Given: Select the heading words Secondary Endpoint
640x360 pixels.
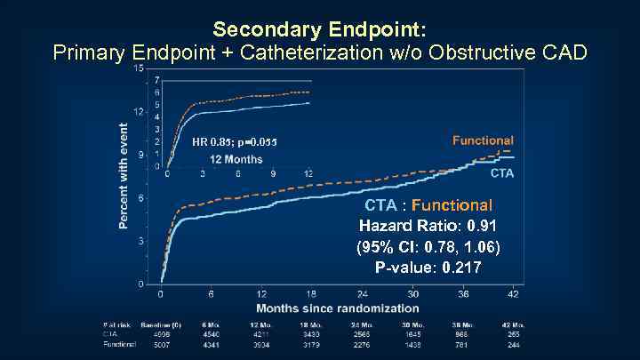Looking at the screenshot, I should [x=320, y=28].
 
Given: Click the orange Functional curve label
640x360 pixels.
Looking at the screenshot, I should [x=483, y=140].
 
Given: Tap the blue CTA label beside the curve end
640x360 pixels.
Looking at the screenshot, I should [x=502, y=173].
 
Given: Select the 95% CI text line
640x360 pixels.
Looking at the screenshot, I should [x=428, y=246].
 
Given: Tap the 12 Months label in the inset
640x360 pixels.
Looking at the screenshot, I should [x=236, y=159].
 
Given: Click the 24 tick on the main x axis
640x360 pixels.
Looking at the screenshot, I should [x=363, y=295].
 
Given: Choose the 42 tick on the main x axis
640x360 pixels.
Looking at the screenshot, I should [x=512, y=295].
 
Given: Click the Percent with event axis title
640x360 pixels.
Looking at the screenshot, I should [x=124, y=175].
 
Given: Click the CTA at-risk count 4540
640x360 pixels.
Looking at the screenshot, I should [x=212, y=334].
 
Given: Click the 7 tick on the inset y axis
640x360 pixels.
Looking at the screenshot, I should [x=157, y=81].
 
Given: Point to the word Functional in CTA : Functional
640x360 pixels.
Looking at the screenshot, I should [x=458, y=205].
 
